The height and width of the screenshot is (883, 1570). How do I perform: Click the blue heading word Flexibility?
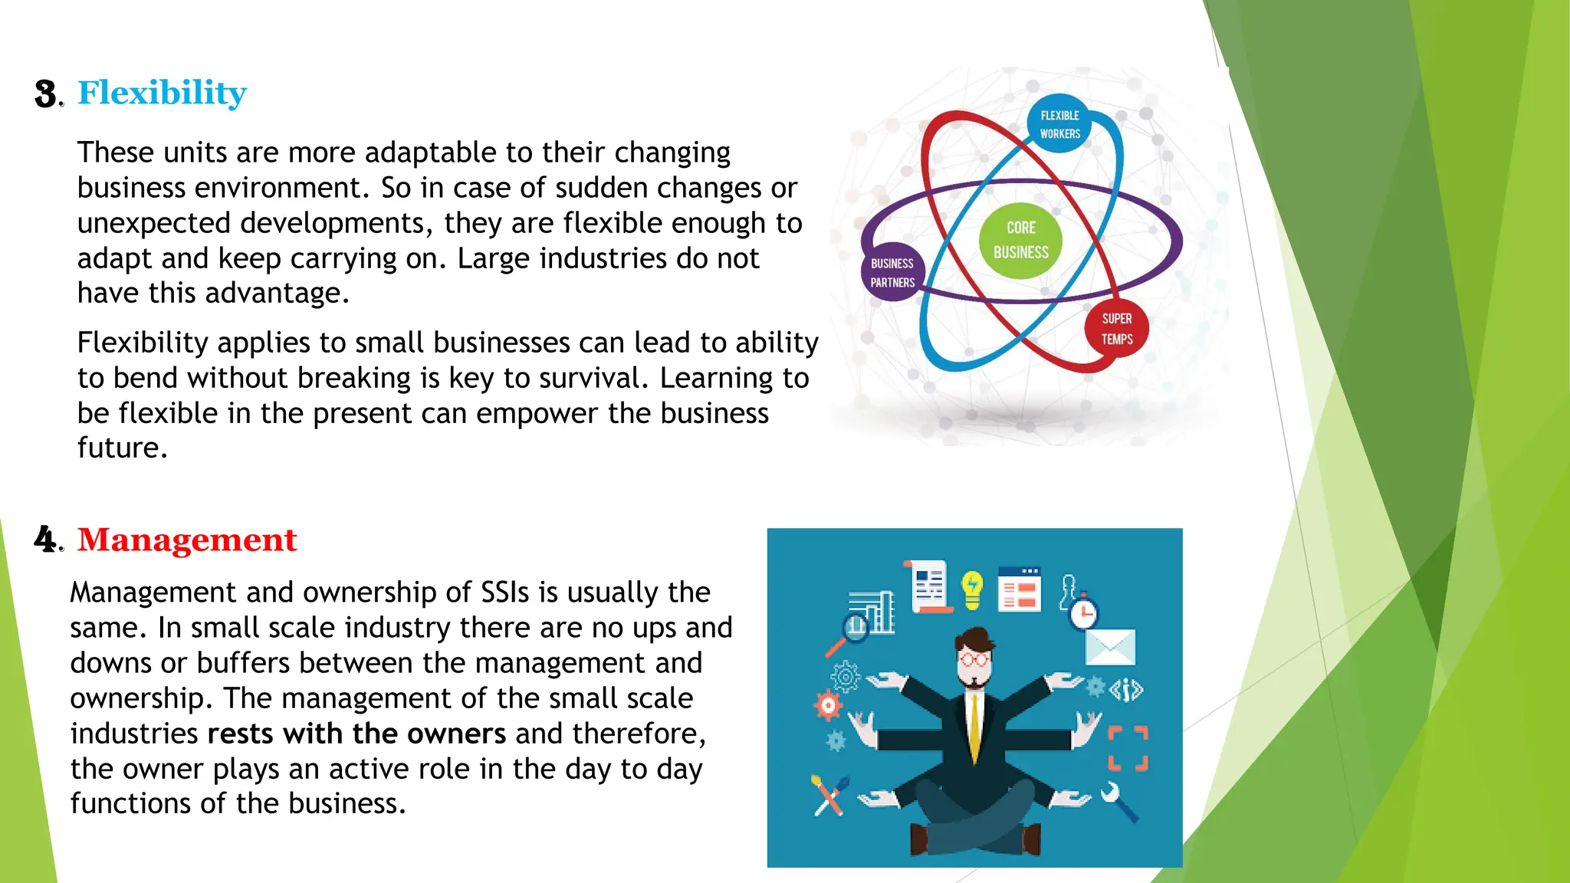pyautogui.click(x=162, y=93)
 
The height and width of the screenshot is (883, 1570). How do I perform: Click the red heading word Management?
pyautogui.click(x=186, y=540)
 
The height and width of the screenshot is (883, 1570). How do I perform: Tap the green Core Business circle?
pyautogui.click(x=1020, y=240)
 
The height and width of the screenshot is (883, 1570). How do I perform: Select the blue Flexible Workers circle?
pyautogui.click(x=1059, y=124)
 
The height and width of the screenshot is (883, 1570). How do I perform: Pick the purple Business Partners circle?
pyautogui.click(x=892, y=273)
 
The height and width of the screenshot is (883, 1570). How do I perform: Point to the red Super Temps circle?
pyautogui.click(x=1116, y=329)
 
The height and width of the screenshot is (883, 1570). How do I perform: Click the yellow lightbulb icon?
pyautogui.click(x=972, y=589)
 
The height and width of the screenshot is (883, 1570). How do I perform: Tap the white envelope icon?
pyautogui.click(x=1110, y=647)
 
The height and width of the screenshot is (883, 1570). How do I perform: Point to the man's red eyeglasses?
pyautogui.click(x=974, y=659)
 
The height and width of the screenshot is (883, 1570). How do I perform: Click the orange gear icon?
pyautogui.click(x=828, y=705)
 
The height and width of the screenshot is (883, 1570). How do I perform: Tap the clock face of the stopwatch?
pyautogui.click(x=1084, y=614)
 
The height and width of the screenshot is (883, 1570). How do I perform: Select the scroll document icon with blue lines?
pyautogui.click(x=929, y=586)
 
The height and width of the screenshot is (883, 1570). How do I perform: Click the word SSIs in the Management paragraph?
pyautogui.click(x=505, y=592)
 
